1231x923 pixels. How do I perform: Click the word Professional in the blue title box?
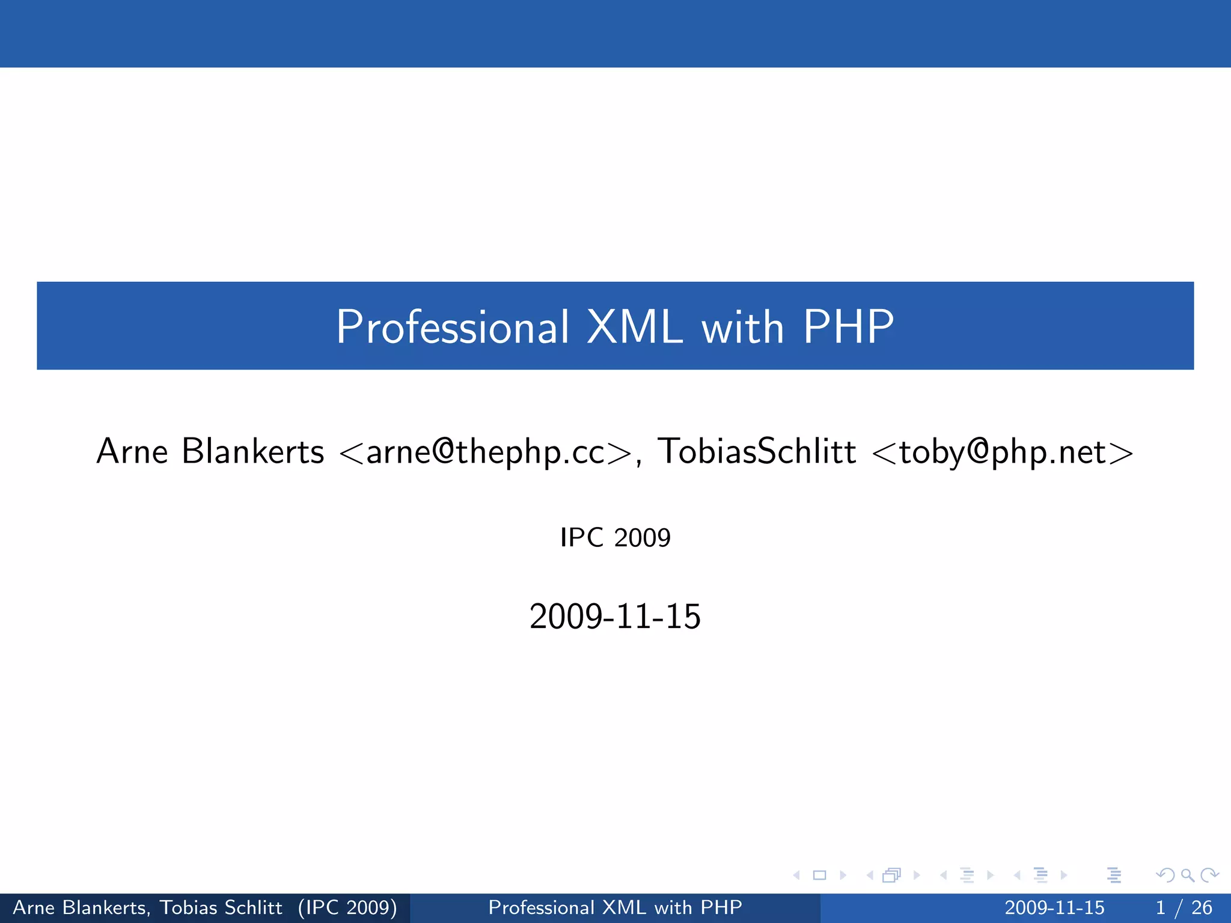pyautogui.click(x=452, y=327)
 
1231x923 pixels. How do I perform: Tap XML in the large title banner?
pyautogui.click(x=634, y=327)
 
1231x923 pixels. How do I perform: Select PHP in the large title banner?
pyautogui.click(x=848, y=327)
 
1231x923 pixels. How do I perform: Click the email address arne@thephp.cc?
pyautogui.click(x=486, y=452)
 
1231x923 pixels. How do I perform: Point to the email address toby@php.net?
pyautogui.click(x=1003, y=452)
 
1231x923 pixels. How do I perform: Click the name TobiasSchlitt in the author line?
pyautogui.click(x=757, y=451)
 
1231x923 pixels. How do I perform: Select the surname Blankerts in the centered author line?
pyautogui.click(x=252, y=451)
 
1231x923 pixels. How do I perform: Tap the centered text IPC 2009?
pyautogui.click(x=615, y=537)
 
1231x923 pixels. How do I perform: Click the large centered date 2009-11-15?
pyautogui.click(x=615, y=617)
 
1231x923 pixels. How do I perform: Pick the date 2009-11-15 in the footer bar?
pyautogui.click(x=1054, y=907)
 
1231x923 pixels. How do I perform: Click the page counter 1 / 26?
pyautogui.click(x=1184, y=907)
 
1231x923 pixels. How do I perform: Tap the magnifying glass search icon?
pyautogui.click(x=1187, y=876)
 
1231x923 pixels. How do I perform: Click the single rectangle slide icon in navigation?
pyautogui.click(x=819, y=876)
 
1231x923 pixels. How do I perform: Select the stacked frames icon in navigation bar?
pyautogui.click(x=892, y=876)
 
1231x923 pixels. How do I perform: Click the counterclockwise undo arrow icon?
pyautogui.click(x=1165, y=876)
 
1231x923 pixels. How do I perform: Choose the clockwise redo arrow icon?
pyautogui.click(x=1209, y=876)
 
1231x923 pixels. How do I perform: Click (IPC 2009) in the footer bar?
pyautogui.click(x=347, y=907)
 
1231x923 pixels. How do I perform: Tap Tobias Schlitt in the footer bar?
pyautogui.click(x=221, y=907)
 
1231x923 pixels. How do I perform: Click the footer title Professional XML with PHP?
pyautogui.click(x=615, y=907)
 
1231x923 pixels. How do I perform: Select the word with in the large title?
pyautogui.click(x=743, y=328)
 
